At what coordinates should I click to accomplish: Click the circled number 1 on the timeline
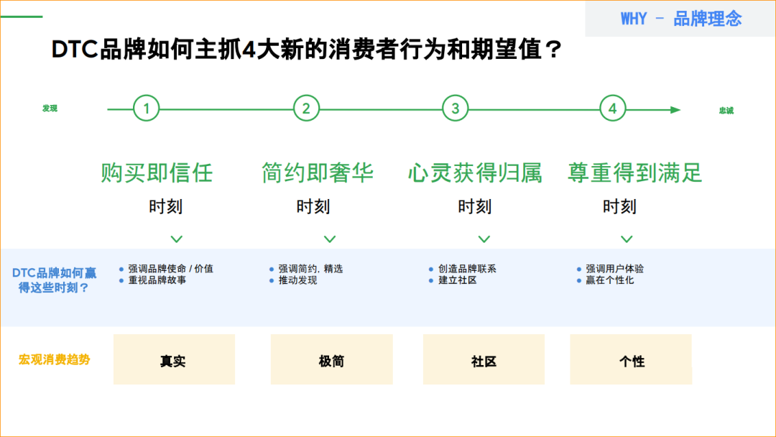(147, 109)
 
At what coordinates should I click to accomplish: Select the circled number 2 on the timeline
(306, 109)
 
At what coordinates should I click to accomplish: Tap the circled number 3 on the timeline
(455, 109)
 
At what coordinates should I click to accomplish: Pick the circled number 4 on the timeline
(612, 109)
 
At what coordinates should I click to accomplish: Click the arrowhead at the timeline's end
(675, 110)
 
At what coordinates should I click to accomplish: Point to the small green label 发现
(50, 109)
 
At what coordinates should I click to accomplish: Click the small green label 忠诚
(726, 111)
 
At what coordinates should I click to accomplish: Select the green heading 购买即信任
(157, 172)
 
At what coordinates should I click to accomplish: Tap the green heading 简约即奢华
(318, 172)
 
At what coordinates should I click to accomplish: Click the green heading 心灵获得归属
(475, 172)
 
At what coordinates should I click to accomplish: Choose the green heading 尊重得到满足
(634, 172)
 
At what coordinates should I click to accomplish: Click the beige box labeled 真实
(174, 359)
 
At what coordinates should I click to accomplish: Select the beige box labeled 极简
(331, 359)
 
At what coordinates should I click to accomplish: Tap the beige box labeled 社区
(484, 359)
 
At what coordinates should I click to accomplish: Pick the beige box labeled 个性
(631, 359)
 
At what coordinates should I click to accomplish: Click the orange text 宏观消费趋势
(55, 359)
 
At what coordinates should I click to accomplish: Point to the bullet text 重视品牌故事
(157, 280)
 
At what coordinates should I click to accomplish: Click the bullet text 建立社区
(458, 280)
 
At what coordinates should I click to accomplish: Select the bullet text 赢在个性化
(610, 280)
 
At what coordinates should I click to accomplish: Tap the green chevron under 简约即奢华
(329, 239)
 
